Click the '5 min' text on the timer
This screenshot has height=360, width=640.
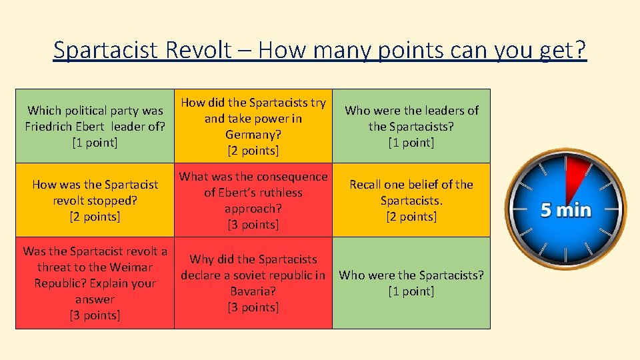pos(565,211)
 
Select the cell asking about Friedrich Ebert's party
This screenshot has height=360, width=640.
pos(95,126)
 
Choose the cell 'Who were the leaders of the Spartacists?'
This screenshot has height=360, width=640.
pos(411,126)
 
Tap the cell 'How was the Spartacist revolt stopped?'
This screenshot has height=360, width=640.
pos(95,200)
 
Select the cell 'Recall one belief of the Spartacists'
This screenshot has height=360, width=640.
pos(411,200)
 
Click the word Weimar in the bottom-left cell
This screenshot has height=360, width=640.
pos(131,267)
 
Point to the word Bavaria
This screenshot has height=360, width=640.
pos(253,291)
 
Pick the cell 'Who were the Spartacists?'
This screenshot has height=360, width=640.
pos(411,283)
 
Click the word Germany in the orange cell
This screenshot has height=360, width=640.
pos(253,135)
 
